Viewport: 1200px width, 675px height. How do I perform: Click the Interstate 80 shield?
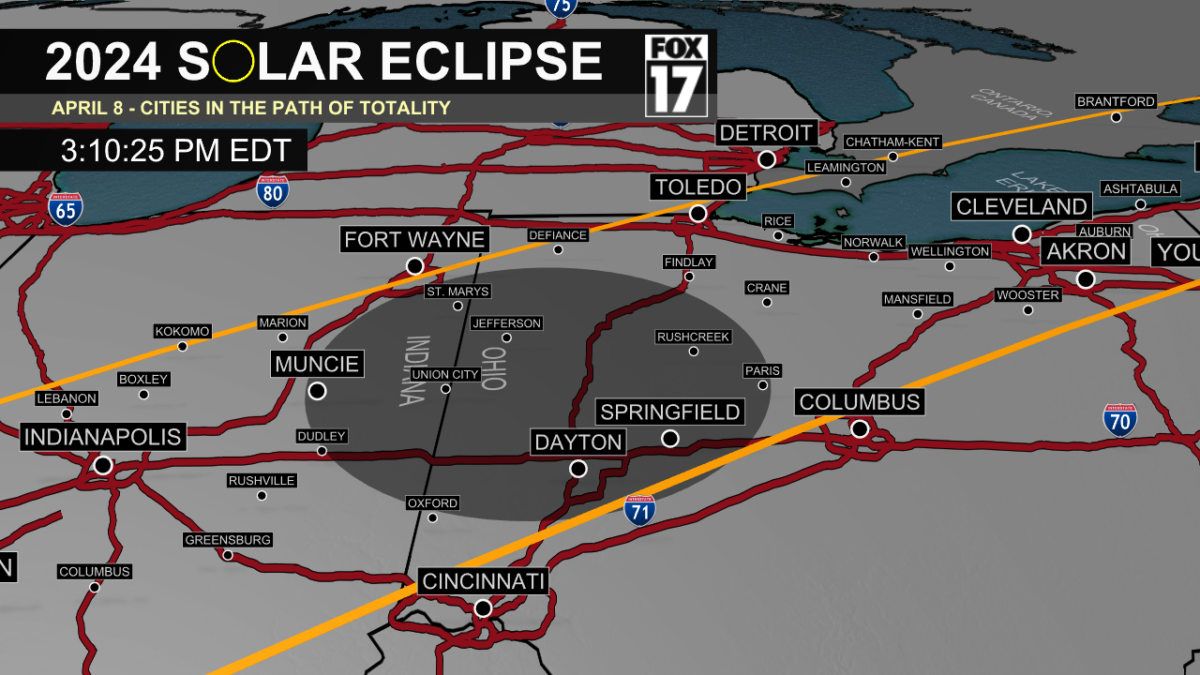click(x=273, y=191)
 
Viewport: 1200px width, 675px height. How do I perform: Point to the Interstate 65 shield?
click(x=66, y=208)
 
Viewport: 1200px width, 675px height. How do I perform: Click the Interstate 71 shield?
click(x=639, y=509)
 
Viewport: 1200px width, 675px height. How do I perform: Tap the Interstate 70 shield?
click(x=1119, y=420)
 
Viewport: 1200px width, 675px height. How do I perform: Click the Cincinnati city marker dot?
click(x=483, y=608)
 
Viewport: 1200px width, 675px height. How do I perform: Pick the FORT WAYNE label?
click(x=414, y=239)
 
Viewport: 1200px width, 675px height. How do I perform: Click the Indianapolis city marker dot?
click(x=103, y=465)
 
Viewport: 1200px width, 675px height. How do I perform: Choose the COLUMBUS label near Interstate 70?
click(x=860, y=402)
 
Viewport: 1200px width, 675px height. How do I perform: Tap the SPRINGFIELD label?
click(x=670, y=412)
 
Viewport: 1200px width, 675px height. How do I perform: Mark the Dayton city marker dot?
click(x=578, y=468)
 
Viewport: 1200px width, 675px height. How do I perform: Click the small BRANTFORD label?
click(x=1116, y=101)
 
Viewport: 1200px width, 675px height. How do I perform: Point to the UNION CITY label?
click(x=445, y=375)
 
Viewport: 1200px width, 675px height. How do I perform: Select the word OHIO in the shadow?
click(x=494, y=369)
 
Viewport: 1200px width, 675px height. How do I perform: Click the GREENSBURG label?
click(x=228, y=540)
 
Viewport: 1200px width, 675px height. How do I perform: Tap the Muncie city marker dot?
click(x=317, y=390)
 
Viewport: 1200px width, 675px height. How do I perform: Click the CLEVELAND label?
click(x=1022, y=206)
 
